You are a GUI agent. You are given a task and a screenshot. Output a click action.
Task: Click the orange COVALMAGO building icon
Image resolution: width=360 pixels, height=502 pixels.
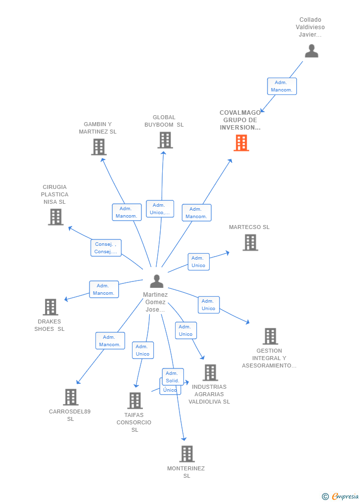click(241, 143)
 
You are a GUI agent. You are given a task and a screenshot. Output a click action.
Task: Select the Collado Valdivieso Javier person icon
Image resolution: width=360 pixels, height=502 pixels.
click(311, 51)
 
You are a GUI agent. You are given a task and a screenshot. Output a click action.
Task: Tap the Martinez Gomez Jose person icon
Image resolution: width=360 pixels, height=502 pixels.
click(157, 281)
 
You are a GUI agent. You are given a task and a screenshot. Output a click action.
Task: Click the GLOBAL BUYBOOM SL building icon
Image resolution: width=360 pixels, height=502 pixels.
click(165, 140)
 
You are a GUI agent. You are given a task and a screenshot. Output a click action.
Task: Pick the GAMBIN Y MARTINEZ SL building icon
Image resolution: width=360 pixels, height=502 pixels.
click(99, 147)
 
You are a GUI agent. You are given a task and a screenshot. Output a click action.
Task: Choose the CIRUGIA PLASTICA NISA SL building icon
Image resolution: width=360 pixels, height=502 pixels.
click(56, 217)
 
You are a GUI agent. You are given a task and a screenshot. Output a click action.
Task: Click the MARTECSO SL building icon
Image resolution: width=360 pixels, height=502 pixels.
click(250, 242)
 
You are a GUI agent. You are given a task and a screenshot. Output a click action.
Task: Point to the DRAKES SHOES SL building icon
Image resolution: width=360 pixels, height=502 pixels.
click(50, 307)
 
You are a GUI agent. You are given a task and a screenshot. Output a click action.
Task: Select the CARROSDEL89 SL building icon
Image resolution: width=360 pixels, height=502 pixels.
click(71, 397)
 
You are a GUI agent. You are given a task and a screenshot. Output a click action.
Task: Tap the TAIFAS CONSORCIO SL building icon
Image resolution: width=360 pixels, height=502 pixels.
click(135, 401)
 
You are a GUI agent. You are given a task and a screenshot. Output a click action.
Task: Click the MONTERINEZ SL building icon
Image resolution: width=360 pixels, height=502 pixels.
click(186, 454)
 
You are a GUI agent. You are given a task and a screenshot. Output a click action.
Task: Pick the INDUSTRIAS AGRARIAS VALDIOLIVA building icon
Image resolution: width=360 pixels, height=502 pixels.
click(210, 372)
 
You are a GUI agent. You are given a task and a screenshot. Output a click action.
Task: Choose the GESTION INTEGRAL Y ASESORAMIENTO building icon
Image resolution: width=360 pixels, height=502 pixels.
click(270, 336)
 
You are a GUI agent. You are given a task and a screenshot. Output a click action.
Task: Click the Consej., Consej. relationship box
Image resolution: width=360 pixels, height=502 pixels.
click(106, 248)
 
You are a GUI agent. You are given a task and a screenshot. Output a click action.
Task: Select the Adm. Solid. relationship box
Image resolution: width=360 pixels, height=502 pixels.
click(173, 377)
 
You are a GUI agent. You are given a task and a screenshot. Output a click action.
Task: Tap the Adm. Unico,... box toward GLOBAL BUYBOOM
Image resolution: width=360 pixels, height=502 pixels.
click(160, 209)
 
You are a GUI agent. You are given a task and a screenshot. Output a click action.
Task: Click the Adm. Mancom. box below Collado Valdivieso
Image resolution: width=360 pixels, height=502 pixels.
click(282, 86)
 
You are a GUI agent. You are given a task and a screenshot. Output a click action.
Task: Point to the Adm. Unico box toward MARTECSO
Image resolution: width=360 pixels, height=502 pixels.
click(198, 262)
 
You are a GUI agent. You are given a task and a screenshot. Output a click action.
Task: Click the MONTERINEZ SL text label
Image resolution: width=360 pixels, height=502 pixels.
click(186, 472)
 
